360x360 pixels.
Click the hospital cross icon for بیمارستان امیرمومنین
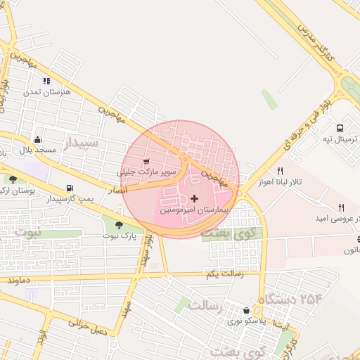(x=195, y=199)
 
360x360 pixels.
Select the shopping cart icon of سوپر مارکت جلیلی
(x=146, y=162)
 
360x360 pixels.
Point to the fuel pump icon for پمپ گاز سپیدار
(x=69, y=188)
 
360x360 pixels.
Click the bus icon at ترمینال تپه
(x=340, y=129)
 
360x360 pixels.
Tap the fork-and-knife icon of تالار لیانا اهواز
(x=280, y=171)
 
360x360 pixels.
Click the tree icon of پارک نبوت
(x=118, y=225)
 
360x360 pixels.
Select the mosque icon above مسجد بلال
(x=37, y=139)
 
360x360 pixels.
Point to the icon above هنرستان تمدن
(x=47, y=81)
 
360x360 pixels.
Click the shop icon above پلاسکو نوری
(x=245, y=310)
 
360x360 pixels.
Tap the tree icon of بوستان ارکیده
(x=13, y=180)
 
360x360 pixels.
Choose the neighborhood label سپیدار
(x=82, y=144)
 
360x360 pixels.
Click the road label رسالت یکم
(x=224, y=273)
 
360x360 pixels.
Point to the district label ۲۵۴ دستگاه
(x=290, y=299)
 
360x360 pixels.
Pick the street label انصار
(x=117, y=189)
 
